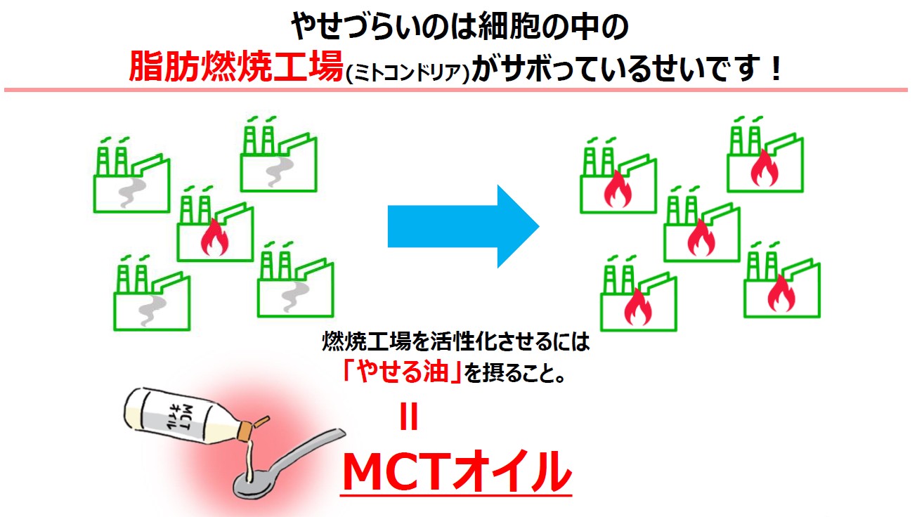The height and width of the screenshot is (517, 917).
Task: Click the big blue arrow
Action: (463, 226)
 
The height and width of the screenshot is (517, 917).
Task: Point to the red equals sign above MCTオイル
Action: (408, 417)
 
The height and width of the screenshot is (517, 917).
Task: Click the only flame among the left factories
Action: (214, 237)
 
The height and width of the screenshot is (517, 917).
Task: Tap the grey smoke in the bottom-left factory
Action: (152, 310)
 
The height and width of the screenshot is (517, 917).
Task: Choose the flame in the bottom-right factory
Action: (781, 293)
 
